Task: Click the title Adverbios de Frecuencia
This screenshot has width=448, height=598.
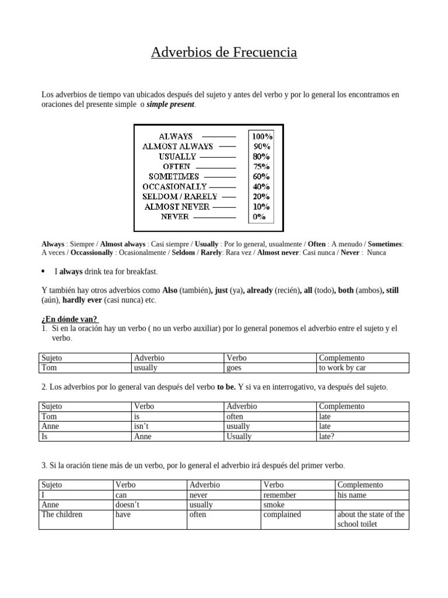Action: (224, 53)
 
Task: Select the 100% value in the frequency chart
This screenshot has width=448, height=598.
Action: (261, 136)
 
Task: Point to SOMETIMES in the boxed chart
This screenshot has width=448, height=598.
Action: (174, 176)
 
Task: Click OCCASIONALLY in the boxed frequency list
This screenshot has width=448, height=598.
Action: (175, 186)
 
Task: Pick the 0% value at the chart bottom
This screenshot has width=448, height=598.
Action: (259, 217)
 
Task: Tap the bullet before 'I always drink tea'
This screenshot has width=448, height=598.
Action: (44, 272)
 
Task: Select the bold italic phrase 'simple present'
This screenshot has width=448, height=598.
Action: (171, 105)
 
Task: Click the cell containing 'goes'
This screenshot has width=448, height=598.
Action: (270, 368)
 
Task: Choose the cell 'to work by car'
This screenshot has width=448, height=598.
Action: (363, 368)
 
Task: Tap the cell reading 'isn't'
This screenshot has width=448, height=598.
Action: (178, 426)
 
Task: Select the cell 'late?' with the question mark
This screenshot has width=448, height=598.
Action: (363, 436)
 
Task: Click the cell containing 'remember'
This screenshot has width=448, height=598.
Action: (298, 495)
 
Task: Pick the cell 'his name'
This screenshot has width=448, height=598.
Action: (372, 495)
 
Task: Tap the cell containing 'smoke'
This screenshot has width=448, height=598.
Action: (298, 505)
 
